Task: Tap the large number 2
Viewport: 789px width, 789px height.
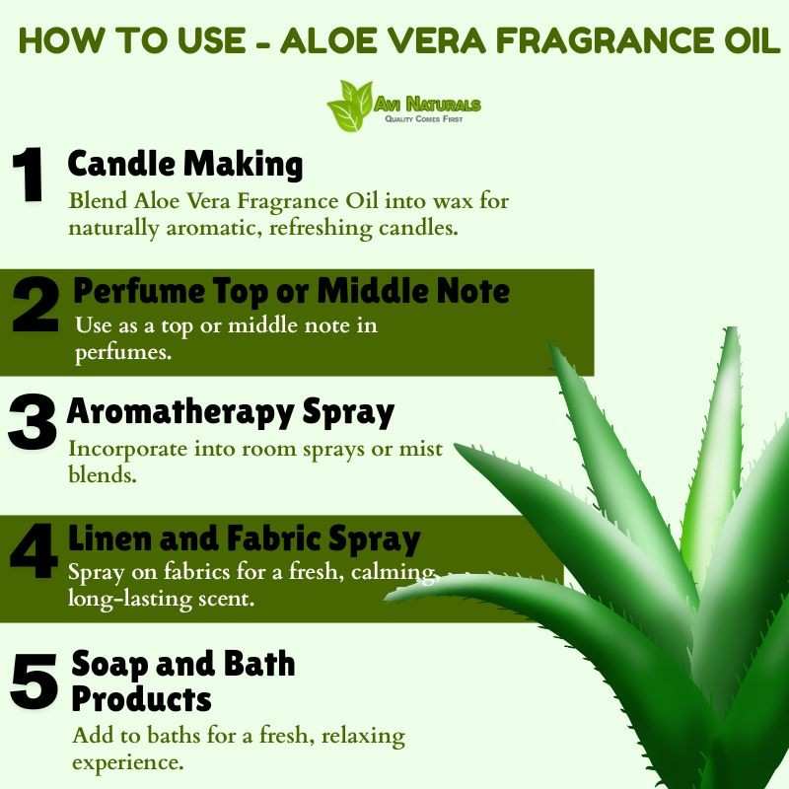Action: pyautogui.click(x=36, y=306)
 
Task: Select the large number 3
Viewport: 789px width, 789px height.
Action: pyautogui.click(x=33, y=422)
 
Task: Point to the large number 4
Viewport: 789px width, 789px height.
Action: pyautogui.click(x=34, y=550)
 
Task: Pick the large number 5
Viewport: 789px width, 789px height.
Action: pyautogui.click(x=35, y=681)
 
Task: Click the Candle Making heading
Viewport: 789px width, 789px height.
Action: pyautogui.click(x=185, y=165)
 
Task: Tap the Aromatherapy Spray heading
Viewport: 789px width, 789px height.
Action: pyautogui.click(x=231, y=412)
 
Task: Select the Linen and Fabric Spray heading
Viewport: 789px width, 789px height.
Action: pyautogui.click(x=244, y=538)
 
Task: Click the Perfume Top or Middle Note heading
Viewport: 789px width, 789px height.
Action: pyautogui.click(x=291, y=291)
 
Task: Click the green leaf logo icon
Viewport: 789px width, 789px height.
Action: pyautogui.click(x=350, y=106)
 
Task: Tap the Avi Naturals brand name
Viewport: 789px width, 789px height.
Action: pyautogui.click(x=427, y=105)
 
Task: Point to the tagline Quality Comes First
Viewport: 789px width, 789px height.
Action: pyautogui.click(x=424, y=119)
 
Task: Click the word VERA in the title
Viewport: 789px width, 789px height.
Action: pyautogui.click(x=436, y=40)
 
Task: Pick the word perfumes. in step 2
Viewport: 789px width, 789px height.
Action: pyautogui.click(x=123, y=353)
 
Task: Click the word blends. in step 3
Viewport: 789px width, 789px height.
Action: pyautogui.click(x=103, y=474)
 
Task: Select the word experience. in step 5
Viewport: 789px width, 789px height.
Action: pyautogui.click(x=127, y=762)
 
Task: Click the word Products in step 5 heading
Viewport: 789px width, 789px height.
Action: pyautogui.click(x=141, y=699)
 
